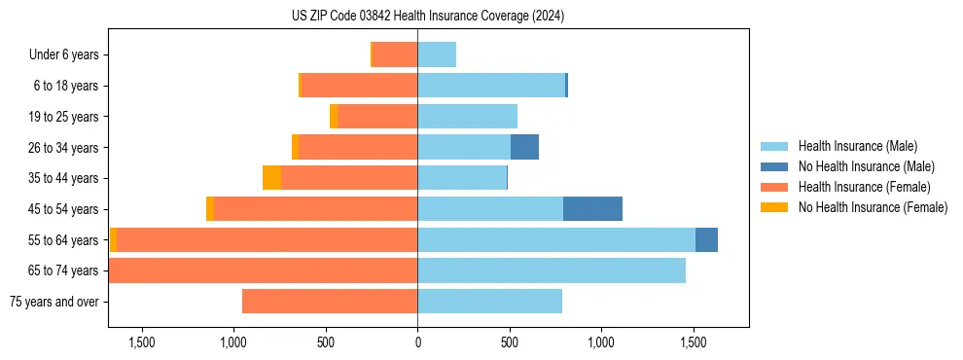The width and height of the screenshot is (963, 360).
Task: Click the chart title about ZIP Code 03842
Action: [427, 16]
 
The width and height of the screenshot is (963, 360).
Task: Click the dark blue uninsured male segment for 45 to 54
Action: [592, 209]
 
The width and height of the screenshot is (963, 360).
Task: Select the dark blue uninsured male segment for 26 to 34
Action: [524, 148]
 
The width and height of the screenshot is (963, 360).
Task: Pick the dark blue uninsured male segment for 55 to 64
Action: [706, 240]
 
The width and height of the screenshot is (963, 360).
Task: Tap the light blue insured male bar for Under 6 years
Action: [437, 55]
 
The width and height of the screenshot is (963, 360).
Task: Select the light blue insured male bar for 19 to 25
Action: [467, 117]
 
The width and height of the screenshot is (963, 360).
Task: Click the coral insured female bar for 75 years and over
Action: [330, 302]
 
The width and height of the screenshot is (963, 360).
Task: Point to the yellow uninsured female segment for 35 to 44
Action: [271, 178]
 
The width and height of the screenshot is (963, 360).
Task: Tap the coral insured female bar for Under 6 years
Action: [395, 55]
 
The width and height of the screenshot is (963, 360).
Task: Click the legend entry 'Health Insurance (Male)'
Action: [857, 146]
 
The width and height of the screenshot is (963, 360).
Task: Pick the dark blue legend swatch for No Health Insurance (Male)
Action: [773, 166]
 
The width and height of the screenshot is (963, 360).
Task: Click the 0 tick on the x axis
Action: [417, 342]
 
